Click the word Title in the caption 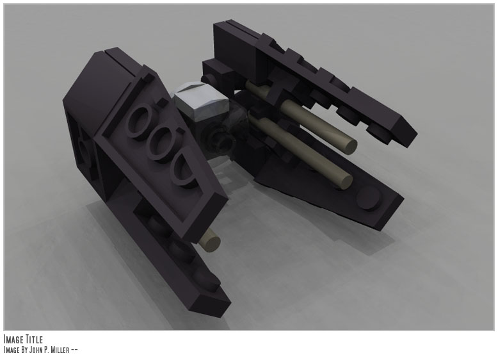click(33, 339)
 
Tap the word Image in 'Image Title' click(13, 339)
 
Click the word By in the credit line click(25, 350)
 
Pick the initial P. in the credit click(49, 350)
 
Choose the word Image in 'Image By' click(11, 350)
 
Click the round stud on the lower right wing click(367, 198)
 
